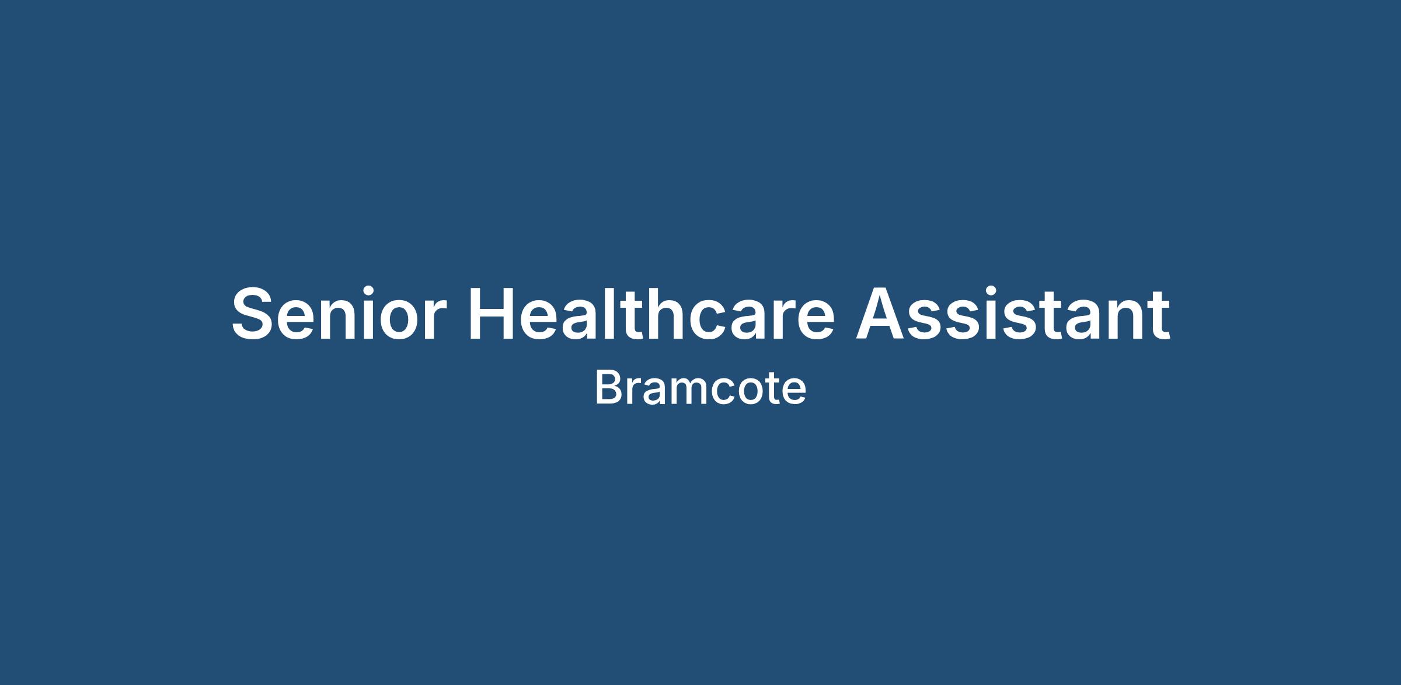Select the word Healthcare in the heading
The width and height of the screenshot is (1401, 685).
click(x=652, y=313)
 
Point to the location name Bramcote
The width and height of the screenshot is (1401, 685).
click(x=700, y=388)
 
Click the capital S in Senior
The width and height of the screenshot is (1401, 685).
click(x=254, y=314)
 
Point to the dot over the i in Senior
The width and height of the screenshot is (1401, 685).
click(x=366, y=290)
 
